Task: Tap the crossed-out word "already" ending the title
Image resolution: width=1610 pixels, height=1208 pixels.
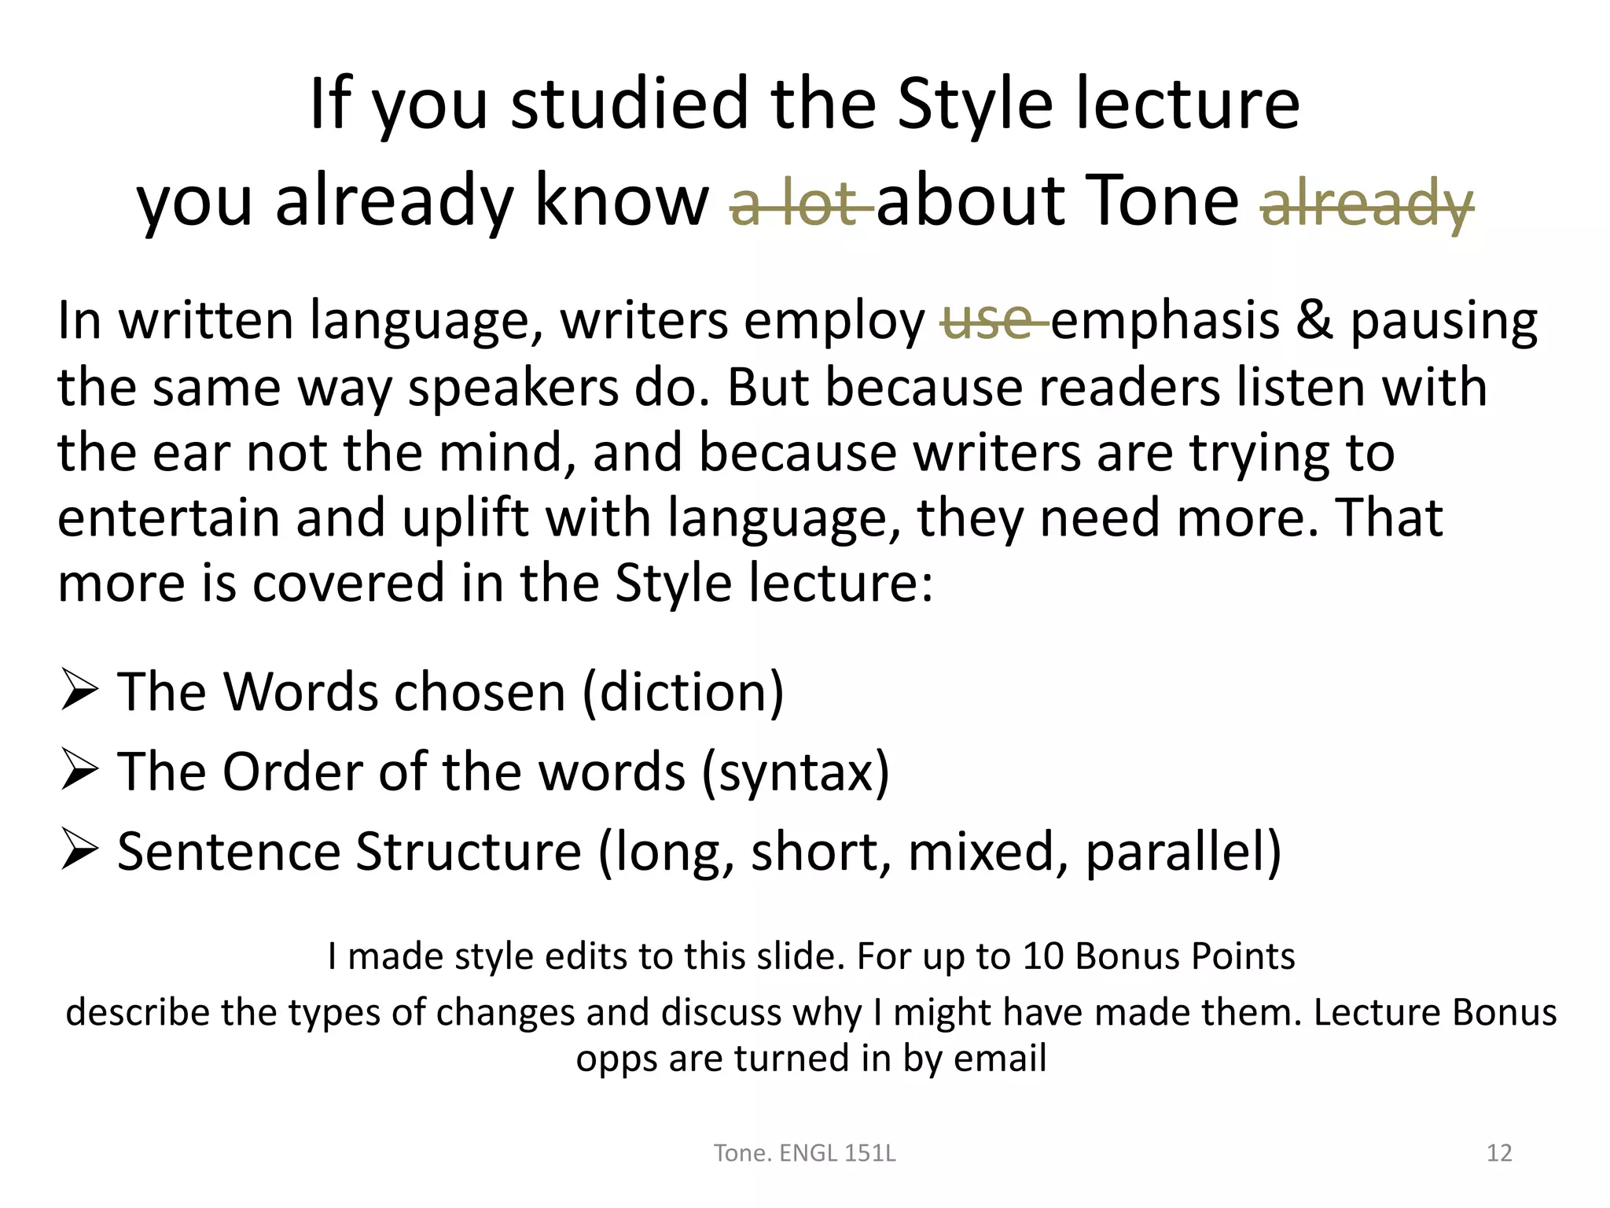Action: pos(1366,203)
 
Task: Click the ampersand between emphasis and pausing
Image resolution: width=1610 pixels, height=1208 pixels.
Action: pos(1314,321)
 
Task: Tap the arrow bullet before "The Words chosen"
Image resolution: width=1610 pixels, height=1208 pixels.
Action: pos(79,690)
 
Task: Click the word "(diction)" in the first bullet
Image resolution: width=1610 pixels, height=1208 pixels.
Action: pos(682,693)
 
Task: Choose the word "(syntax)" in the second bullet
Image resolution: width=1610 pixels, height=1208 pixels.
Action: pos(795,773)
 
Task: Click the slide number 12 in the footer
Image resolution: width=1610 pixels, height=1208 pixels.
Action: pos(1499,1153)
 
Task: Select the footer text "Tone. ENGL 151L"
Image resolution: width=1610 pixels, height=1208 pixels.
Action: pos(804,1153)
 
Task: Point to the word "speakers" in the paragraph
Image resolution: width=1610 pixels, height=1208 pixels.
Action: pos(513,388)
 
